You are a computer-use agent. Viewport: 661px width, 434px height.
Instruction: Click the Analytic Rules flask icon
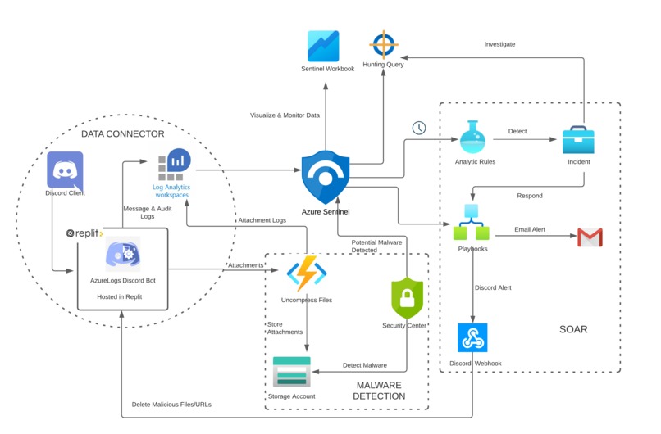tap(475, 137)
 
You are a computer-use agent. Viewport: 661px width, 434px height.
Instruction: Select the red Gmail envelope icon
tap(590, 237)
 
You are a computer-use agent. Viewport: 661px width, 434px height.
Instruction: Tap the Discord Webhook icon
tap(472, 337)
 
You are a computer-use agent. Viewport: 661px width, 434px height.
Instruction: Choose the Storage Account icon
tap(291, 373)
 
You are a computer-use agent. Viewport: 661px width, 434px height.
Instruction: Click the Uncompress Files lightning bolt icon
tap(307, 273)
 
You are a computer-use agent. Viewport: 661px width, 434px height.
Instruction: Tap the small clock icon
tap(419, 128)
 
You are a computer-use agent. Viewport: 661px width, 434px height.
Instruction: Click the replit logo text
tap(85, 233)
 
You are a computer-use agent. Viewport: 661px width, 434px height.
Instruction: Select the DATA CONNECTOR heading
tap(122, 133)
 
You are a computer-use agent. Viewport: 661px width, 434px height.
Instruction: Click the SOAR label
tap(572, 329)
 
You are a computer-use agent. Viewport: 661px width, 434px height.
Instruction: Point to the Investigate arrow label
tap(499, 44)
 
